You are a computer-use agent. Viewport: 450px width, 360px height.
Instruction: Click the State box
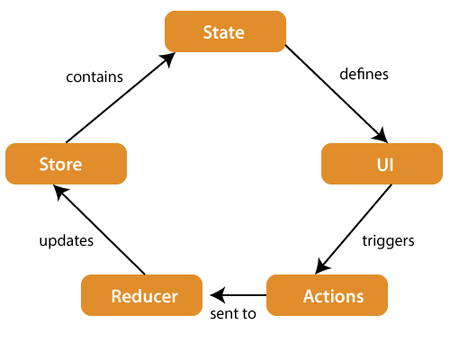pos(225,32)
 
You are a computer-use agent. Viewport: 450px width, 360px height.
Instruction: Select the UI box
pos(382,164)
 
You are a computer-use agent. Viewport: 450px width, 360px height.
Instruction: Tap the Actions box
pos(327,295)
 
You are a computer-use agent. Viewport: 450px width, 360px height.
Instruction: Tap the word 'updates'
pos(67,241)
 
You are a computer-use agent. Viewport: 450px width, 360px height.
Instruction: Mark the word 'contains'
pos(95,76)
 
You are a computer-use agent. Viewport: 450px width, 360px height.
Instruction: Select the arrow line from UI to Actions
pos(355,227)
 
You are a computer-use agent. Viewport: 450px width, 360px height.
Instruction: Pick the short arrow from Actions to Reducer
pos(241,294)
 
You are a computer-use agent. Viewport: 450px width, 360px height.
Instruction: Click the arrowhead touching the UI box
pos(382,136)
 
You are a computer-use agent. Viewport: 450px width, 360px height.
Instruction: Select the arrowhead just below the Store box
pos(56,189)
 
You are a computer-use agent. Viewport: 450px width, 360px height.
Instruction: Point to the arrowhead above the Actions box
pos(319,268)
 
